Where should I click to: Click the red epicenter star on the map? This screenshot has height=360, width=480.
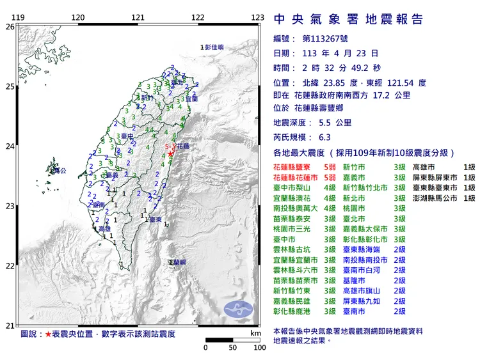[x=171, y=154]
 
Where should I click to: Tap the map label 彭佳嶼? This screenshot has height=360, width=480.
[x=214, y=47]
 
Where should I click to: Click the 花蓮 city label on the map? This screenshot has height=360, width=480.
[x=183, y=146]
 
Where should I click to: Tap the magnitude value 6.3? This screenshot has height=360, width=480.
[x=324, y=137]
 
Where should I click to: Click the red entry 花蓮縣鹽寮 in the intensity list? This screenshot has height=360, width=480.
[x=296, y=166]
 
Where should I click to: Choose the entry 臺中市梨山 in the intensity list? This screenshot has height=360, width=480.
[x=296, y=188]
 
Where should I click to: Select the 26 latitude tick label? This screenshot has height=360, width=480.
[x=10, y=27]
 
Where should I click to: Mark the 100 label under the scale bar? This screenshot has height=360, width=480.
[x=259, y=348]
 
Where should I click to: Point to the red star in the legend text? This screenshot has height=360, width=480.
[x=48, y=334]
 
